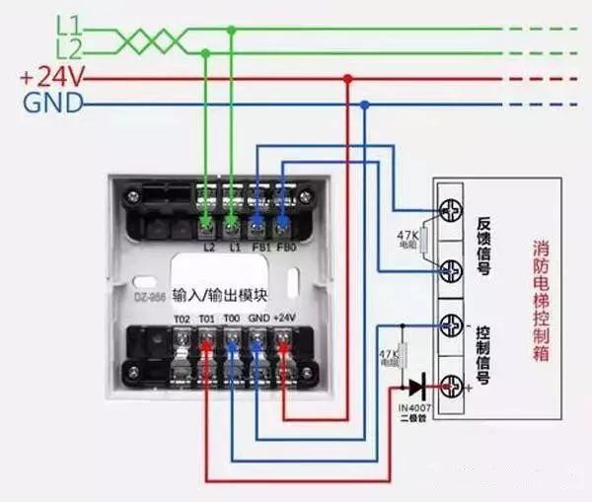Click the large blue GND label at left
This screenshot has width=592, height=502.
(x=50, y=103)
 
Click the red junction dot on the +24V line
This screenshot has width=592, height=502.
(x=346, y=78)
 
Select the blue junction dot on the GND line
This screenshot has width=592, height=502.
(x=365, y=104)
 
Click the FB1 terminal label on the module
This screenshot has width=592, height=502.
(x=258, y=247)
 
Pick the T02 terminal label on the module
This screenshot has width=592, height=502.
(x=182, y=319)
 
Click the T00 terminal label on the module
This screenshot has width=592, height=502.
(x=231, y=319)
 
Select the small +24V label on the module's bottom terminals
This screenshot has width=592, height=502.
(x=283, y=319)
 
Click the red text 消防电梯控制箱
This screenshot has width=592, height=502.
(x=541, y=297)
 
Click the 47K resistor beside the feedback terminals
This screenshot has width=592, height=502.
(x=420, y=238)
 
